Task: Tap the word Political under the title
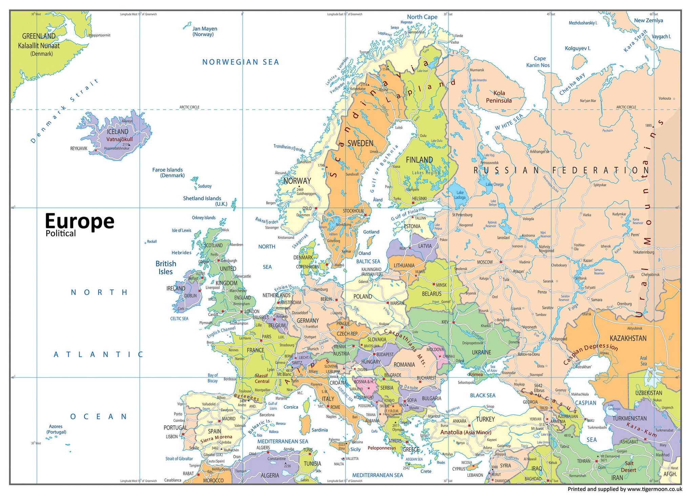(x=61, y=233)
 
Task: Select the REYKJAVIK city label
(x=79, y=149)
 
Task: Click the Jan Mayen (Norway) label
(x=205, y=31)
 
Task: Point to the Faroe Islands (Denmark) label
(x=168, y=173)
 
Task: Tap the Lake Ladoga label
(x=460, y=195)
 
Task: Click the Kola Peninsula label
(x=499, y=97)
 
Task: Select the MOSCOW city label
(x=485, y=262)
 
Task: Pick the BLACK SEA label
(x=482, y=395)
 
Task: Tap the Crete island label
(x=426, y=471)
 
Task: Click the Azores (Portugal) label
(x=56, y=429)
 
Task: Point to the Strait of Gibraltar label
(x=179, y=459)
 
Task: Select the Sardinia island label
(x=319, y=430)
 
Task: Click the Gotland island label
(x=371, y=232)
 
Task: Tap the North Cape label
(x=422, y=17)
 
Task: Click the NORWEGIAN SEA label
(x=240, y=62)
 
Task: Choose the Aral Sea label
(x=643, y=361)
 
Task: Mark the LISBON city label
(x=172, y=437)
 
